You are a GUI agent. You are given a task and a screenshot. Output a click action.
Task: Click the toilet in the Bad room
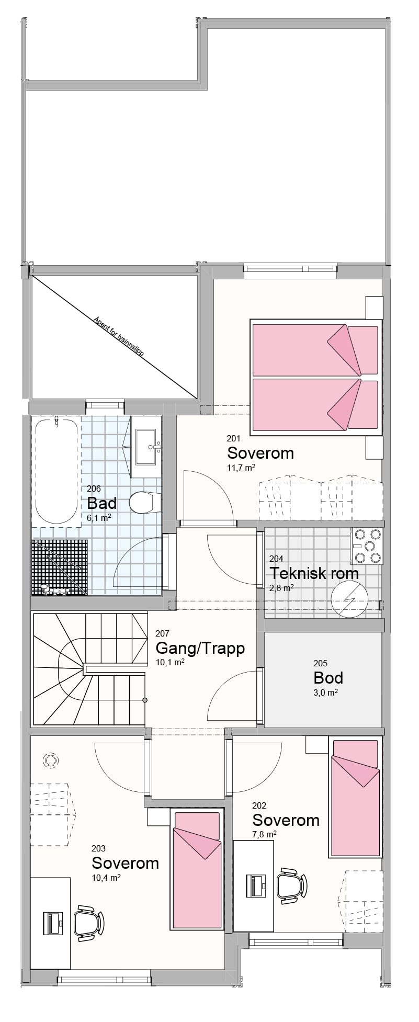click(x=140, y=503)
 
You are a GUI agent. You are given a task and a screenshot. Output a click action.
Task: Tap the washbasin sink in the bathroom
click(x=149, y=447)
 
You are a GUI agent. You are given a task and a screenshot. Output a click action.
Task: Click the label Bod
click(x=328, y=678)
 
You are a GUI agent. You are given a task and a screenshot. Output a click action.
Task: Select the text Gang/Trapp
click(x=200, y=649)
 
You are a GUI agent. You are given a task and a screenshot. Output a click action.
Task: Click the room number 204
click(x=276, y=559)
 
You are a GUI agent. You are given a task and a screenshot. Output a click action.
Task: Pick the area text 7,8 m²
click(x=264, y=834)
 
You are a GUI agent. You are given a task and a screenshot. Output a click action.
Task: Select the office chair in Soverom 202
click(x=289, y=885)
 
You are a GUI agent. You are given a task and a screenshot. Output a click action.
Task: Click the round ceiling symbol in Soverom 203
click(x=51, y=760)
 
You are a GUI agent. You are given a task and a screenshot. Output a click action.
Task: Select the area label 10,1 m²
click(x=169, y=662)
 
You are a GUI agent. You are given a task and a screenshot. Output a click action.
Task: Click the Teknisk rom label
click(x=314, y=573)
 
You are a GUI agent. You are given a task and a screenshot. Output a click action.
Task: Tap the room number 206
click(x=94, y=489)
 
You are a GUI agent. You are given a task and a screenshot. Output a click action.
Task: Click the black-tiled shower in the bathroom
click(x=59, y=566)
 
